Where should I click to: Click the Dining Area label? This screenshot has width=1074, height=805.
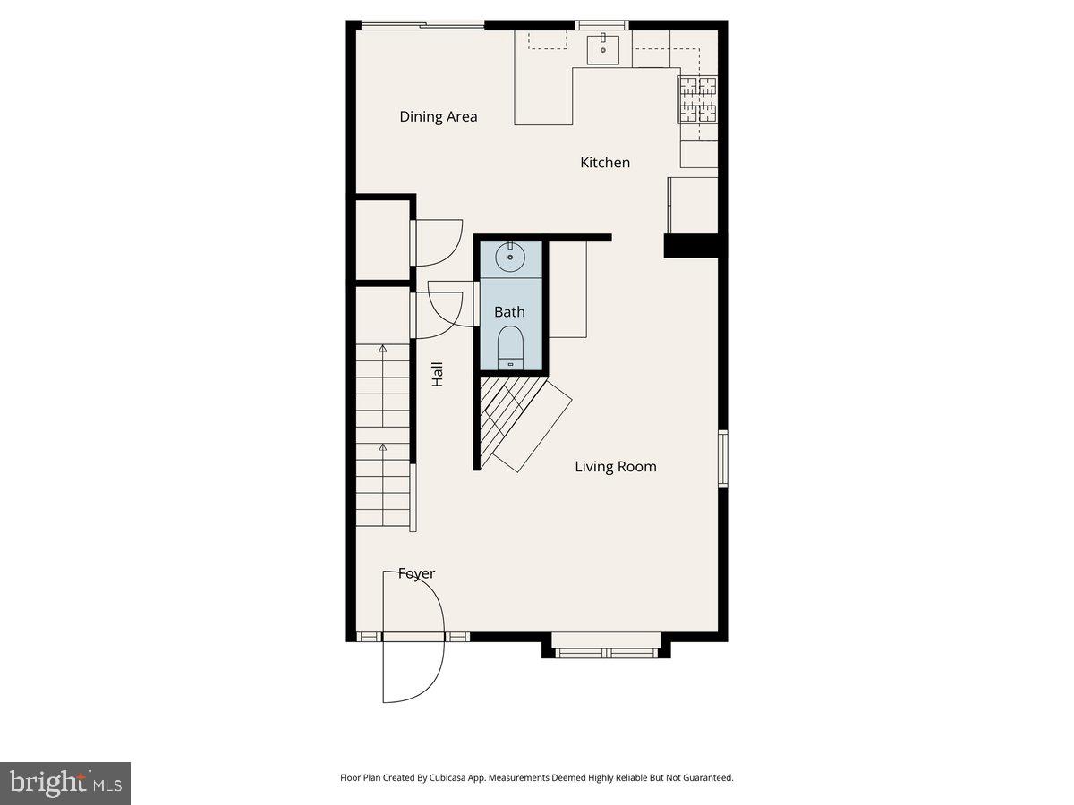pyautogui.click(x=438, y=116)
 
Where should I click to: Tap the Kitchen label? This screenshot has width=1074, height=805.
pyautogui.click(x=605, y=162)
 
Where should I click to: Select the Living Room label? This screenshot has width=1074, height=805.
pyautogui.click(x=615, y=466)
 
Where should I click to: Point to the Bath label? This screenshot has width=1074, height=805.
pyautogui.click(x=509, y=312)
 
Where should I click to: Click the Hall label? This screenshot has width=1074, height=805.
pyautogui.click(x=438, y=374)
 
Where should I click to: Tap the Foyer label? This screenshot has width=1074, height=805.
pyautogui.click(x=416, y=573)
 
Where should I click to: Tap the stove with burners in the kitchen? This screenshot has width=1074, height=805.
pyautogui.click(x=698, y=99)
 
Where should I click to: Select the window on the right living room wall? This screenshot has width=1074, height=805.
pyautogui.click(x=723, y=459)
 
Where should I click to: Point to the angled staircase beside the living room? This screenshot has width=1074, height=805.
pyautogui.click(x=519, y=420)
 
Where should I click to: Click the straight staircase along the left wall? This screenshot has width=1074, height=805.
pyautogui.click(x=383, y=438)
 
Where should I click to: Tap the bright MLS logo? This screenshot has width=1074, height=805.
pyautogui.click(x=64, y=784)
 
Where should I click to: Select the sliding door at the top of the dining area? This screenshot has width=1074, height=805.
pyautogui.click(x=421, y=25)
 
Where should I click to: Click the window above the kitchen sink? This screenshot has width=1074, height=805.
pyautogui.click(x=602, y=25)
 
